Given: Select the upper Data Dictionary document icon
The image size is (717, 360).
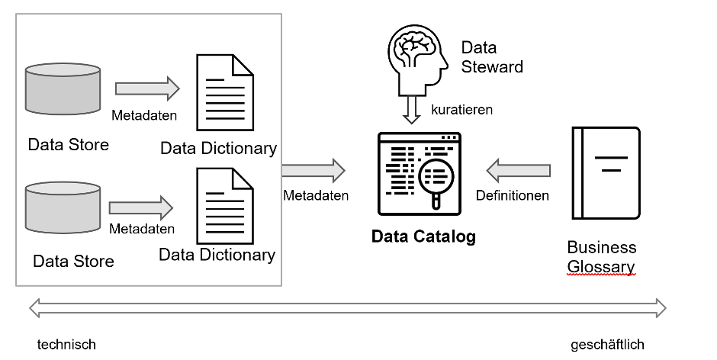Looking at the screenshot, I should coord(225,92).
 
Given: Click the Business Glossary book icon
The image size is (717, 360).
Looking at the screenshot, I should coord(606,174).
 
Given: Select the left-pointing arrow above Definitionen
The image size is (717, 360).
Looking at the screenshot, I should coord(519,170).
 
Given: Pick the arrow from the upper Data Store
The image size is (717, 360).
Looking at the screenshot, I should coord(146,88).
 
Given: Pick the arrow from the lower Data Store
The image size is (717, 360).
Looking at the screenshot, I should coord(141,207).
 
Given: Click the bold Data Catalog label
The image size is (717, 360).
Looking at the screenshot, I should coord(423,236).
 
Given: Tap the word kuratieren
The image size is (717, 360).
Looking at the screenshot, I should coord(461,110).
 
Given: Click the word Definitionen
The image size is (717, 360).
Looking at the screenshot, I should coord(512,196).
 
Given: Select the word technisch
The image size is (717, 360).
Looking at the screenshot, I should coord(67,345).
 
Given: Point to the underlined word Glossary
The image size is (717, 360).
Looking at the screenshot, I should coord(601,267).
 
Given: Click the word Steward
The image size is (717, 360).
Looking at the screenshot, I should coord(492,67).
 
